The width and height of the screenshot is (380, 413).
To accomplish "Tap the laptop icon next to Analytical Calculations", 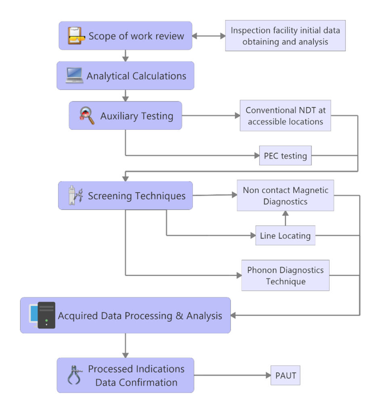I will (x=75, y=75).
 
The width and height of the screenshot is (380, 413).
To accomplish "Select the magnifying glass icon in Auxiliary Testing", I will (x=87, y=116).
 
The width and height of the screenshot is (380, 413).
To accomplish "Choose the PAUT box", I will (x=286, y=375).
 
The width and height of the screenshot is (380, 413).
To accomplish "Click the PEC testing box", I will (x=285, y=156).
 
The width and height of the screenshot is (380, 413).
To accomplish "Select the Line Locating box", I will (x=285, y=236).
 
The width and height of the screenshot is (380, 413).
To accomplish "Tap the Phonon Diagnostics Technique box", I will (x=285, y=275).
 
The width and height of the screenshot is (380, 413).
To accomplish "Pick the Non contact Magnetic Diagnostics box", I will (x=285, y=196).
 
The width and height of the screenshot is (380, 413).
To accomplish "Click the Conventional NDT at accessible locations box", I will (x=285, y=116).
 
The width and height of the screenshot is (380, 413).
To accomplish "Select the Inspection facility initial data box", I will (x=285, y=36).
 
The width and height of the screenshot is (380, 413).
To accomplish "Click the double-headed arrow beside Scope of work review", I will (x=209, y=36).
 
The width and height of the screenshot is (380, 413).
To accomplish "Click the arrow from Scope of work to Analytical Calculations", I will (x=125, y=56).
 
